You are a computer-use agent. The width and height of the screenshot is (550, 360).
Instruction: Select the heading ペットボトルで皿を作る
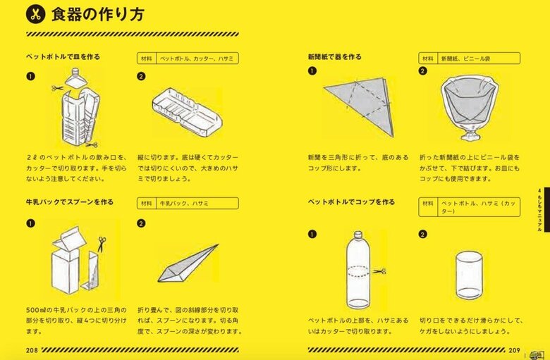point(63,57)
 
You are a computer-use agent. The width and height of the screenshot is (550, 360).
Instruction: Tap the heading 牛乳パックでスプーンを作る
point(69,202)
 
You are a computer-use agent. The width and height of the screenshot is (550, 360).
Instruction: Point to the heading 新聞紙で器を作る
point(334,57)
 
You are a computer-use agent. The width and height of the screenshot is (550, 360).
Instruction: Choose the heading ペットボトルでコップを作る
point(351,202)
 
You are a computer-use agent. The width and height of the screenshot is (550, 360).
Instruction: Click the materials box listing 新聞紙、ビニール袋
point(470,58)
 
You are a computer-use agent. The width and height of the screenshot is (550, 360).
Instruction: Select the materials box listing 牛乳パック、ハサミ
point(188,203)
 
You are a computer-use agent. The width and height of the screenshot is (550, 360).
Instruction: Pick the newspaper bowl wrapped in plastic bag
point(468,109)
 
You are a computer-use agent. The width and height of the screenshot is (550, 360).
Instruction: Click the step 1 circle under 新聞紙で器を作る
point(312,71)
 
